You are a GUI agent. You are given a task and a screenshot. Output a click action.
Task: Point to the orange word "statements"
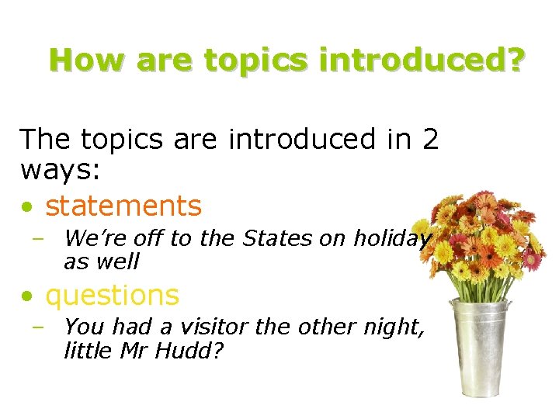123,206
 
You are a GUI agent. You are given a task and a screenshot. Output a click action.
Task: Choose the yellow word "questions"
113,295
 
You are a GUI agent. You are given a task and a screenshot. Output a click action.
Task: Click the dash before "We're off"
38,239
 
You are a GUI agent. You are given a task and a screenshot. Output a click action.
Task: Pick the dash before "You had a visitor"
38,327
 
